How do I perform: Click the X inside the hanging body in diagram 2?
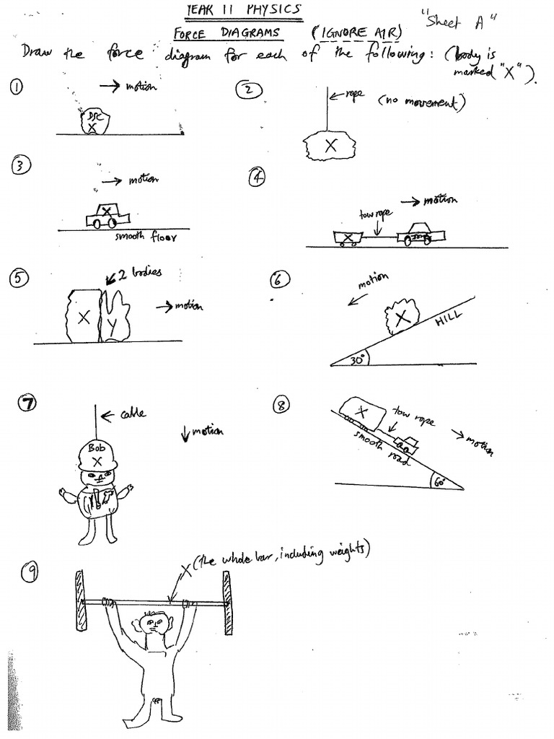tap(331, 145)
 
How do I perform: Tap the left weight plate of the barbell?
tap(80, 603)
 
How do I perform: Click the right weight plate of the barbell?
tap(227, 603)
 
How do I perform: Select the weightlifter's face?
tap(151, 622)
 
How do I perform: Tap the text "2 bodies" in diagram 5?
tap(140, 273)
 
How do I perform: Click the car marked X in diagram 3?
tap(107, 215)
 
